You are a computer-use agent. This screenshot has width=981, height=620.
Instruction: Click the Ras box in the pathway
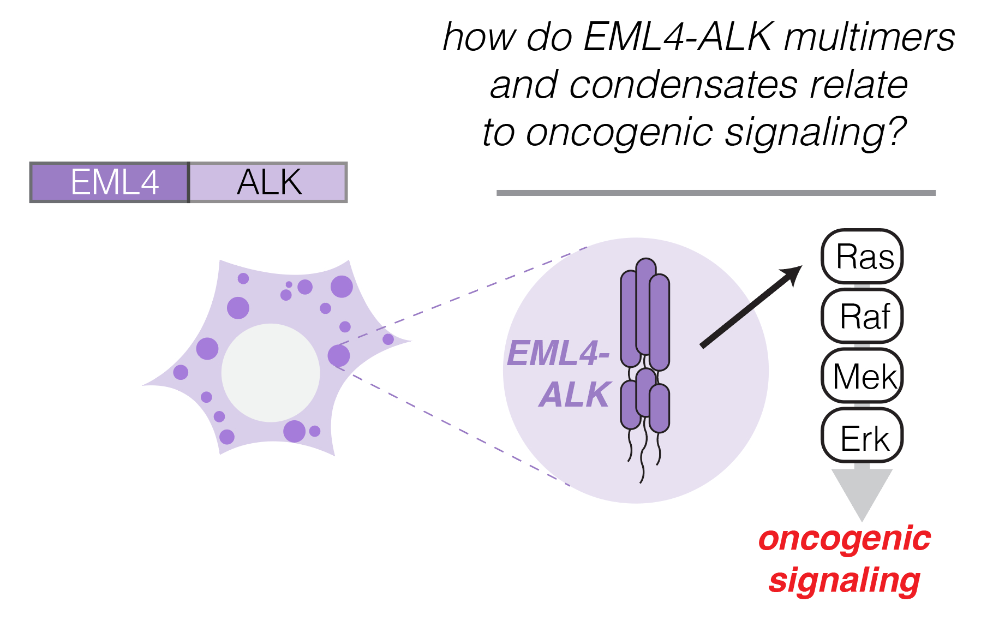pos(862,257)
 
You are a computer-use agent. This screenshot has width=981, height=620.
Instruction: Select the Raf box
pos(862,317)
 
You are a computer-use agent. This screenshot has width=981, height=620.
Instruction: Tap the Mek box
pos(862,376)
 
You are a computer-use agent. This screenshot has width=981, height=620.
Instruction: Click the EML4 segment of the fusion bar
pos(110,182)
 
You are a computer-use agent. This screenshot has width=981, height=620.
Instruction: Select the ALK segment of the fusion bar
pos(268,182)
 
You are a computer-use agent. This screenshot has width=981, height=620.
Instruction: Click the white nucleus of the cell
pos(271,373)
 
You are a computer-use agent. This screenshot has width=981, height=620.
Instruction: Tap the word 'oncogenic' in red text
pos(844,539)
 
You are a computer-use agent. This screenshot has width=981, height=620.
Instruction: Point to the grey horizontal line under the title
pos(715,193)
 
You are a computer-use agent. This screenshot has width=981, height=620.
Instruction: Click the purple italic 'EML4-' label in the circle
pos(558,354)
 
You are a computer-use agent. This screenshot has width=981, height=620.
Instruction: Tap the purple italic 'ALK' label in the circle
pos(575,395)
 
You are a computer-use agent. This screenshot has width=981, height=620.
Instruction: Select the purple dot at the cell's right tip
pos(388,339)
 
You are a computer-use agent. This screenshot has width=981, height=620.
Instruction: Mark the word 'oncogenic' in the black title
pos(620,132)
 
